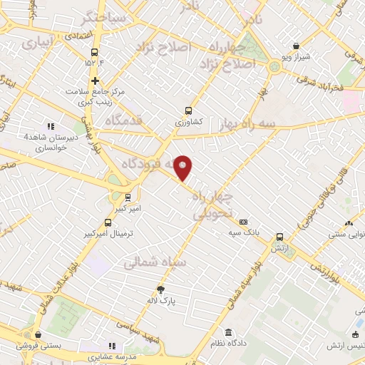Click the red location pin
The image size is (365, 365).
tap(184, 168)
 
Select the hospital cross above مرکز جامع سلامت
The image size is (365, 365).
tap(94, 81)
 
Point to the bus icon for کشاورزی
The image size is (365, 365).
tap(188, 110)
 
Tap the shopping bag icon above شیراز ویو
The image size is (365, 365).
tap(296, 45)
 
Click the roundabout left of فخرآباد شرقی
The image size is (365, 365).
tap(275, 68)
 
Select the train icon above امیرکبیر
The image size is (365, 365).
tap(128, 197)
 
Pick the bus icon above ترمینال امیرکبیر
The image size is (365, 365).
tap(108, 222)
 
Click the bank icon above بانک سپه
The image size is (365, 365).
tap(244, 222)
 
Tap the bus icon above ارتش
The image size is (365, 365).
tap(279, 237)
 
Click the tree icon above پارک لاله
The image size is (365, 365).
tap(161, 289)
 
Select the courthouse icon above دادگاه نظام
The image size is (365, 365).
tap(228, 333)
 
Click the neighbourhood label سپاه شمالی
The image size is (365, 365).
tap(155, 263)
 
